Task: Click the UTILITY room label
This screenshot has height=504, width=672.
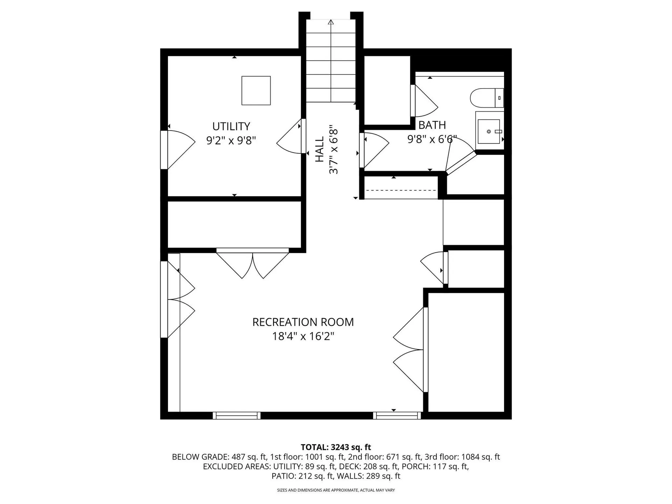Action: coord(231,126)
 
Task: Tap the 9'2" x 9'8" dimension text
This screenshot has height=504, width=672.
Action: coord(231,141)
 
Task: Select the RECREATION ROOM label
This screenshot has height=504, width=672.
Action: coord(303,322)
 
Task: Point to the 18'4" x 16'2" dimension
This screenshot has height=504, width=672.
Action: coord(303,336)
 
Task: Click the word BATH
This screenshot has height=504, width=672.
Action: coord(432,125)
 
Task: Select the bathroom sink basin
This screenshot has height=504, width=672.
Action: coord(489,131)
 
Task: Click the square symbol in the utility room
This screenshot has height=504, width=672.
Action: coord(256,91)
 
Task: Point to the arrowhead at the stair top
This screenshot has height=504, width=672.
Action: coord(331,22)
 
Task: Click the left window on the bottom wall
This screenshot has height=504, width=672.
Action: coord(237,415)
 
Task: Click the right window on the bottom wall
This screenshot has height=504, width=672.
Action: coord(397,415)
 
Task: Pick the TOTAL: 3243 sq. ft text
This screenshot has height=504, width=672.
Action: coord(336,447)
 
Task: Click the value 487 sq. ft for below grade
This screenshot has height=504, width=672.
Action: coord(249,457)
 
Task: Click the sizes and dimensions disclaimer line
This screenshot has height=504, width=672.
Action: coord(336,490)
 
